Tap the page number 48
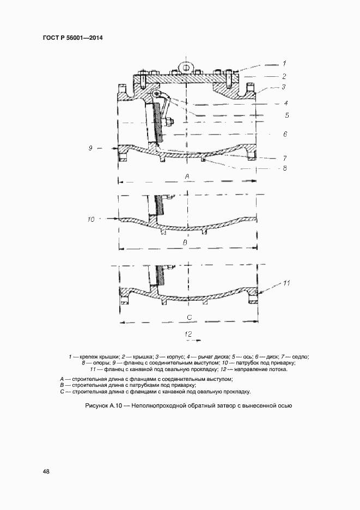(46, 471)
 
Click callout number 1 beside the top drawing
(284, 63)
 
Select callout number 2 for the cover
(284, 77)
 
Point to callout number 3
(284, 87)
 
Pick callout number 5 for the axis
(286, 116)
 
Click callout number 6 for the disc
(285, 134)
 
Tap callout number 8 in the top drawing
(284, 168)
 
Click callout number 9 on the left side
(91, 148)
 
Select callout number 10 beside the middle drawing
(91, 219)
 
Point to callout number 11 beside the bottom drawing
(286, 283)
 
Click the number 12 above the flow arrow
(188, 333)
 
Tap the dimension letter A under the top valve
(187, 176)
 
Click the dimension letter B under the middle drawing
(185, 241)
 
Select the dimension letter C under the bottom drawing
(188, 317)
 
